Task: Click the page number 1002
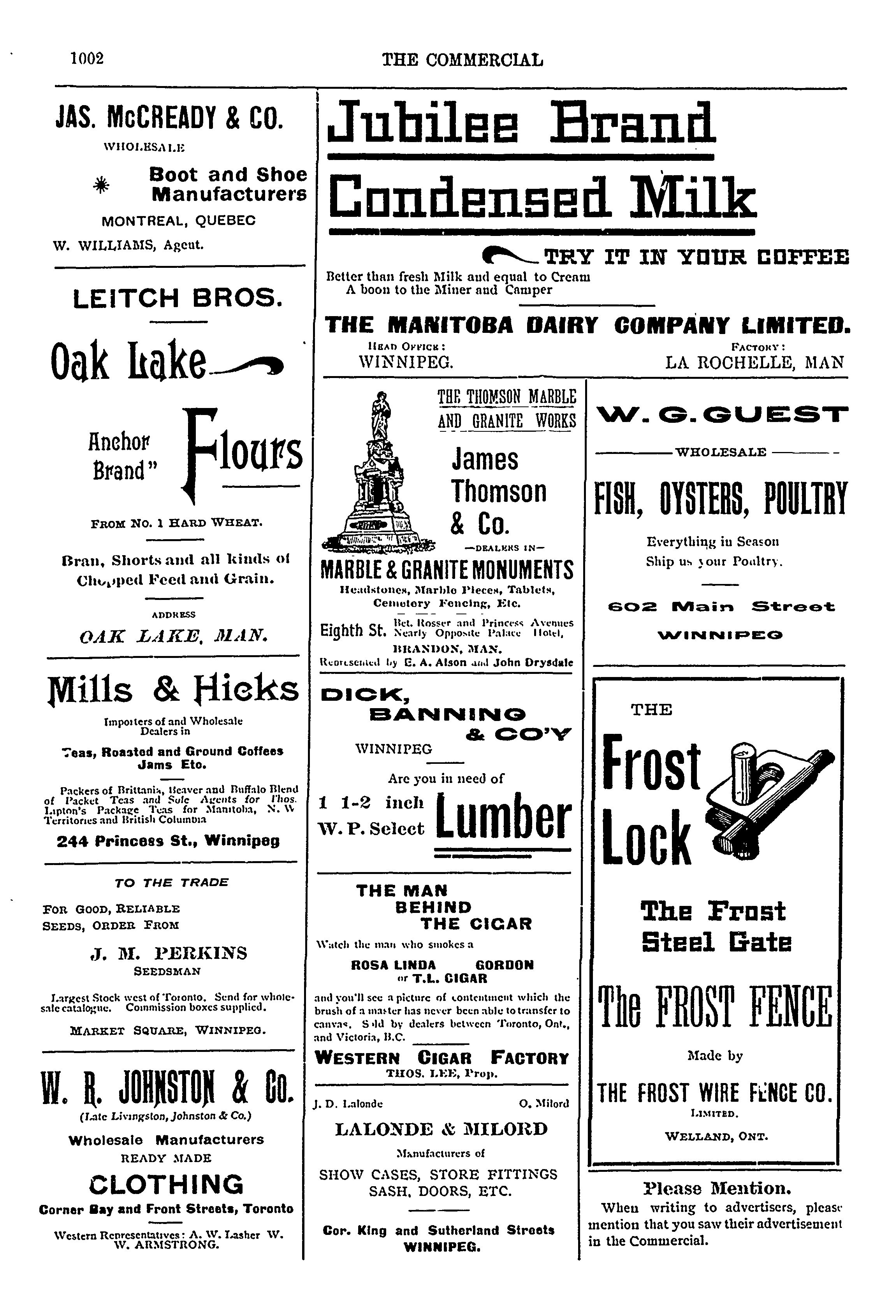click(x=87, y=58)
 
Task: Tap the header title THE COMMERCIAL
click(x=462, y=60)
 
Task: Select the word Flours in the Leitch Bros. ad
click(x=244, y=452)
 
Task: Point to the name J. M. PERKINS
click(x=168, y=953)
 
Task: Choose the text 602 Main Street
click(x=721, y=607)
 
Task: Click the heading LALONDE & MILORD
click(x=441, y=1129)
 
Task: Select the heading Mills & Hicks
click(x=174, y=691)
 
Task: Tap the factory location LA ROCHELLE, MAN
click(x=754, y=363)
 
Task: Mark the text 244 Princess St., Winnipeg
click(x=168, y=841)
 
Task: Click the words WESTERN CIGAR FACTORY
click(x=441, y=1058)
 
